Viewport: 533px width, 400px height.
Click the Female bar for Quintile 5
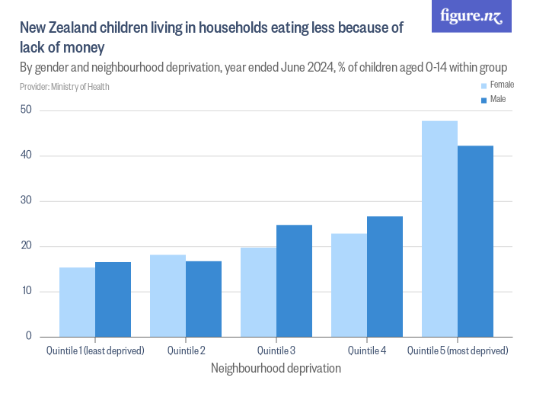(439, 229)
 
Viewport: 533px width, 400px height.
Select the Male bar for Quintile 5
(476, 241)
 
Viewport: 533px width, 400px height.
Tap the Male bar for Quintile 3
(295, 280)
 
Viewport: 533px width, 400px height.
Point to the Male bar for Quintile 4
(385, 277)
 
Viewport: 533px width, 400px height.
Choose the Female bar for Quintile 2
(168, 296)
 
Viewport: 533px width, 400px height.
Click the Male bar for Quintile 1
(113, 299)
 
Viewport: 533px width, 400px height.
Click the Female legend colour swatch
(484, 85)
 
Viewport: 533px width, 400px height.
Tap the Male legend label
(497, 99)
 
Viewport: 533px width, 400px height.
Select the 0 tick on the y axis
(28, 336)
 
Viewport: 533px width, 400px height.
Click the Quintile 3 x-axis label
(276, 350)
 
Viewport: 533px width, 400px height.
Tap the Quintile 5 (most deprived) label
(458, 350)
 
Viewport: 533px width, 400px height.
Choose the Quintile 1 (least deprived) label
(95, 350)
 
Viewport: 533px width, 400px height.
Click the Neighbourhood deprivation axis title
(276, 368)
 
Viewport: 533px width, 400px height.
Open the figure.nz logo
(471, 17)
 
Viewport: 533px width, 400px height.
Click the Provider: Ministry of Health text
(65, 87)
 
